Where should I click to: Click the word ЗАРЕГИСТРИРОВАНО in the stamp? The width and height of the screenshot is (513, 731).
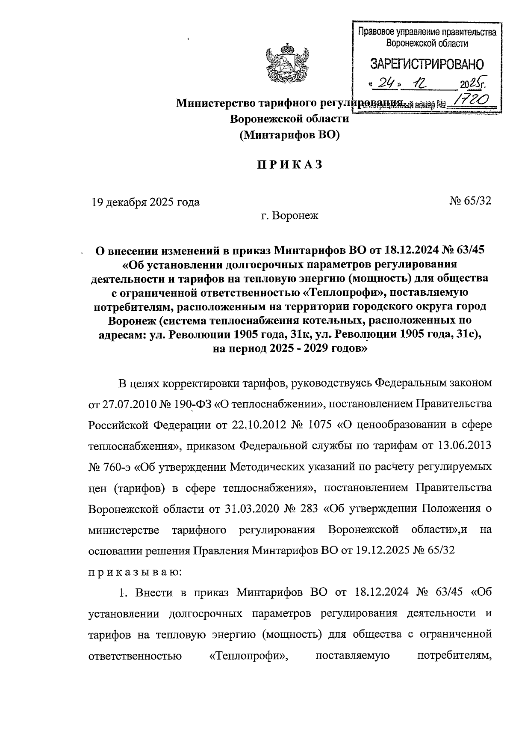tap(427, 65)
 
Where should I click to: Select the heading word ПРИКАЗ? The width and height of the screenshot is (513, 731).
tap(289, 165)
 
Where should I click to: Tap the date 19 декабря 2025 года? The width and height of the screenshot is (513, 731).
tap(145, 202)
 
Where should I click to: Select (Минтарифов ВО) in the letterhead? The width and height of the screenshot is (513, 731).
tap(289, 135)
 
